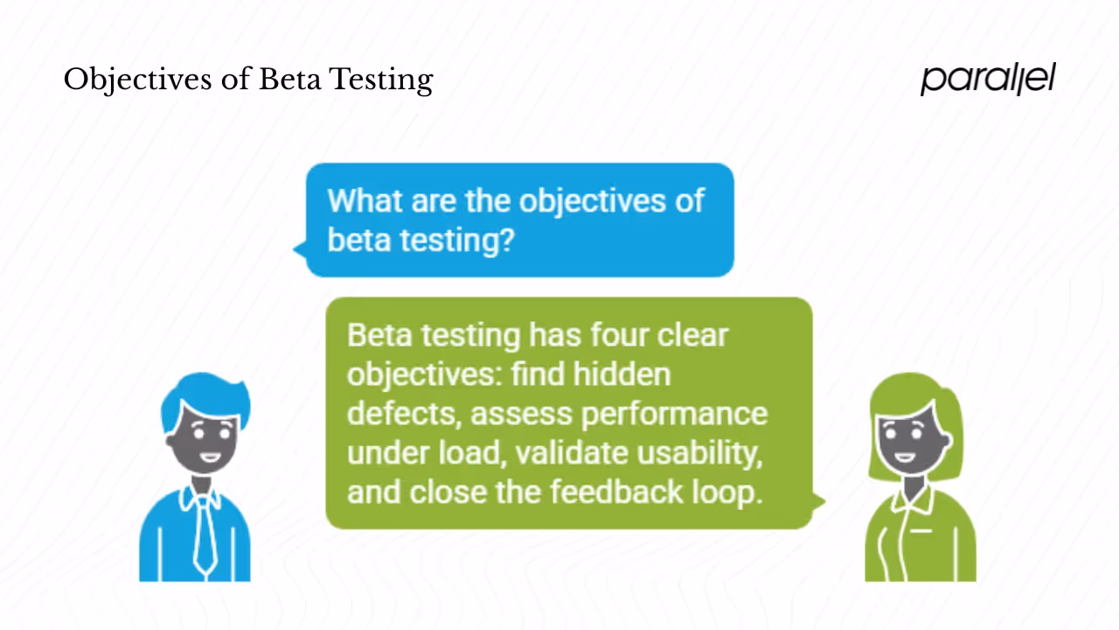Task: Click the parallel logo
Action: click(x=988, y=79)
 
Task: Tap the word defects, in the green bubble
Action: click(x=403, y=413)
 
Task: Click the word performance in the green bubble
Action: click(x=675, y=413)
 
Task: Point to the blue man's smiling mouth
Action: click(x=210, y=456)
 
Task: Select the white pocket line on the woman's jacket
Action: click(x=920, y=530)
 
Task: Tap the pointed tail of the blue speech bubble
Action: click(x=298, y=250)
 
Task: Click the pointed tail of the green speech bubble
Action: click(x=819, y=501)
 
